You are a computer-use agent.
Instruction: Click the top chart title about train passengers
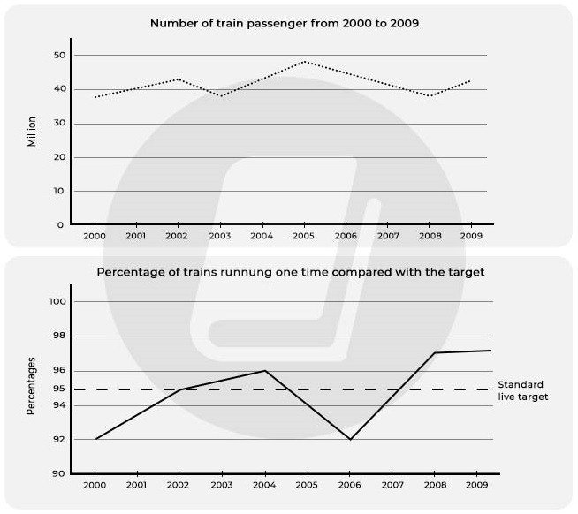click(x=285, y=23)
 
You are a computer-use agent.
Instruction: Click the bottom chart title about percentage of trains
click(x=290, y=272)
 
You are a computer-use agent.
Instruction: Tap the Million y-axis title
click(x=33, y=130)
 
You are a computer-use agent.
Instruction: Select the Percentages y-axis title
click(x=33, y=386)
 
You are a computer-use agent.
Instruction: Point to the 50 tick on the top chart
click(x=59, y=56)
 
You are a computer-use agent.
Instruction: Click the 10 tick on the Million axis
click(x=59, y=191)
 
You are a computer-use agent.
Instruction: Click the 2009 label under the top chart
click(x=471, y=237)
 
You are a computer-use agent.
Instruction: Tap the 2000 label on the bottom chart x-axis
click(x=94, y=486)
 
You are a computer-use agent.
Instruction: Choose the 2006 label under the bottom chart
click(x=347, y=486)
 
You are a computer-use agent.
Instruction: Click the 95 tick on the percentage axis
click(x=59, y=389)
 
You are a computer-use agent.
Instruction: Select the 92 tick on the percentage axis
click(x=59, y=440)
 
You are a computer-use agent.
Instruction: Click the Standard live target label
click(x=522, y=390)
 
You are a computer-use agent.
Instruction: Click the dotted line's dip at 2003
click(x=221, y=96)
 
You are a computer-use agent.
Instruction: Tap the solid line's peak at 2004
click(x=263, y=371)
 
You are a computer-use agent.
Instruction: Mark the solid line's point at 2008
click(x=433, y=353)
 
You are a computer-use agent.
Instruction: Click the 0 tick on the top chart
click(x=61, y=225)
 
